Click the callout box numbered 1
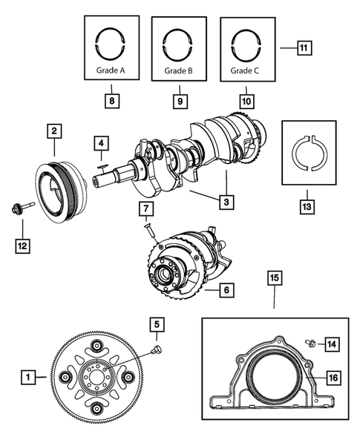pyautogui.click(x=27, y=378)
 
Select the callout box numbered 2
pyautogui.click(x=53, y=131)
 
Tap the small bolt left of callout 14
pyautogui.click(x=312, y=342)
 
